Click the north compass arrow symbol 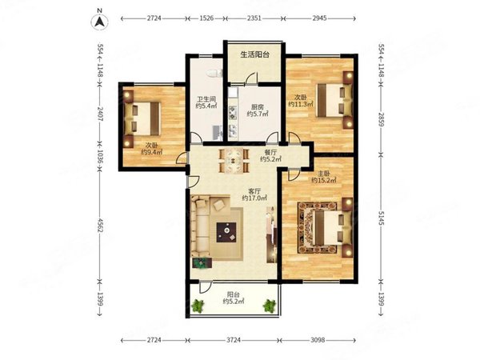coord(100,22)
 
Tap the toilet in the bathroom coord(214,73)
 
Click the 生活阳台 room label coord(255,54)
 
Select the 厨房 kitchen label coord(257,107)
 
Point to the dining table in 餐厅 coord(234,160)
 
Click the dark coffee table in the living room coord(226,232)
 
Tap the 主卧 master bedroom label coord(323,174)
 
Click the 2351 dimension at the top coord(254,18)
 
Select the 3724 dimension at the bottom coord(234,340)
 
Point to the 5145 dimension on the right coord(381,218)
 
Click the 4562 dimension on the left coord(100,225)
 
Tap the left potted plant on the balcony coord(198,306)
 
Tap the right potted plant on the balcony coord(270,306)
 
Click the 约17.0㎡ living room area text coord(254,198)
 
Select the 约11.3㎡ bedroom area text coord(301,104)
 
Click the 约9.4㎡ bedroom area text coord(151,151)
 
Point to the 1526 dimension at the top coord(206,18)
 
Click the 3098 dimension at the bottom coord(317,340)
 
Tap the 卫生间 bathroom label coord(206,99)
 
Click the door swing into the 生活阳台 coord(252,78)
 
